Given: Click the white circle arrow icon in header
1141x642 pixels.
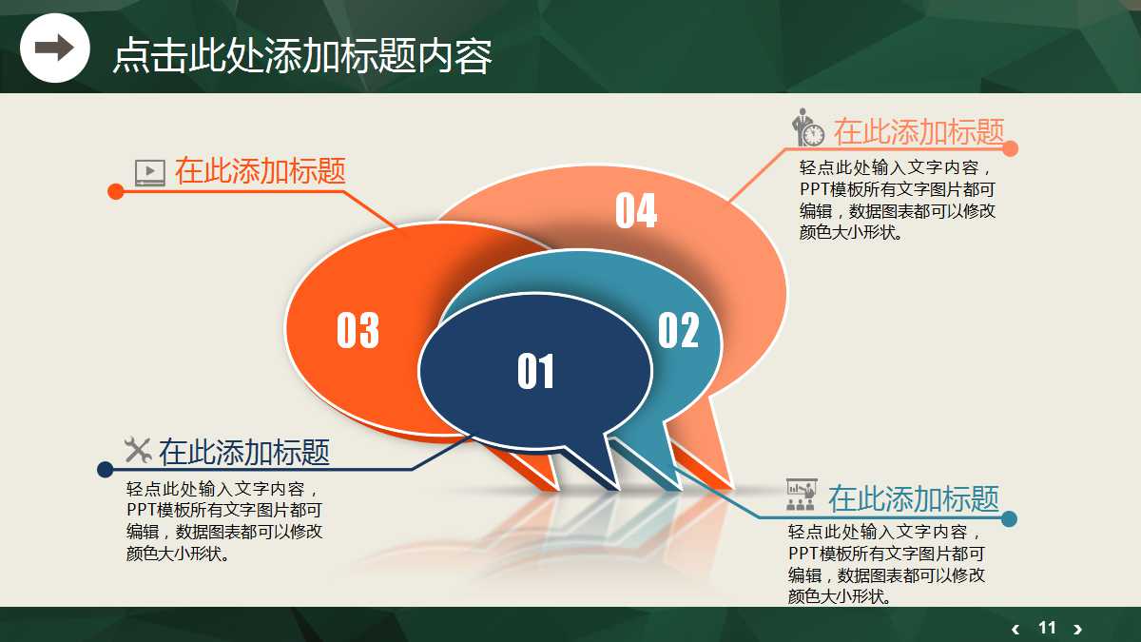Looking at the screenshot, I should (x=54, y=48).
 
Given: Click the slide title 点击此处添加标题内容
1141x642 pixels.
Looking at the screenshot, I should (x=302, y=56).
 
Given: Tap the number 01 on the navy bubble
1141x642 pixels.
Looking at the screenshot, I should (x=535, y=371).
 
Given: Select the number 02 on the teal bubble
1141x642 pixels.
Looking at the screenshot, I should (x=678, y=330).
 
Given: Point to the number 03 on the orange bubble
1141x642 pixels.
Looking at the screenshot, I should (x=358, y=330).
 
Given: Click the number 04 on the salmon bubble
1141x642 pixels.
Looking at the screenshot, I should (x=635, y=210).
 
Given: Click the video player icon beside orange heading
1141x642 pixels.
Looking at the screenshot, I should (x=150, y=172).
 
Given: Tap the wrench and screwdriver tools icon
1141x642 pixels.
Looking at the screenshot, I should (x=139, y=450).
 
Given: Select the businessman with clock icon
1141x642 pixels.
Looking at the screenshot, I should (x=808, y=128).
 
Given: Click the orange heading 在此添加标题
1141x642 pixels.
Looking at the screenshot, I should (x=260, y=171).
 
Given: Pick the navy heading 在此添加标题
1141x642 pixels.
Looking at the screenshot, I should (x=244, y=452).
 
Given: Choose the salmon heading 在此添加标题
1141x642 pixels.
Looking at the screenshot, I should (x=919, y=131).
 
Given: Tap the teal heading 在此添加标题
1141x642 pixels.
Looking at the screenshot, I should (x=913, y=498).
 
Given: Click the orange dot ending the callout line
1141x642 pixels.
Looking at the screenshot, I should (x=116, y=191).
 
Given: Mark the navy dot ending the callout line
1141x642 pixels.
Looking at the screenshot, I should (x=106, y=469).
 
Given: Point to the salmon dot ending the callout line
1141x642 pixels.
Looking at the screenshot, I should (x=1010, y=148).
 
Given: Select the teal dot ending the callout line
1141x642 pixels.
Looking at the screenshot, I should (x=1010, y=518).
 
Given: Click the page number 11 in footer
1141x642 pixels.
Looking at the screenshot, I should (x=1047, y=628).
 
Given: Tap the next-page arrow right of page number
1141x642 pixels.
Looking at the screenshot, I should (x=1077, y=629).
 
